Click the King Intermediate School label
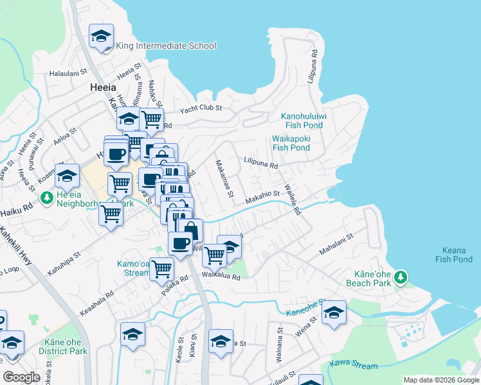tap(166, 46)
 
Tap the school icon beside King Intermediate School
tap(101, 37)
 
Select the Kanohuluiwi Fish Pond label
tap(304, 121)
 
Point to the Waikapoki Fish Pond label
tap(291, 142)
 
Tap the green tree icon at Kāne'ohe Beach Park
tap(401, 277)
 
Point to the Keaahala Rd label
tap(96, 297)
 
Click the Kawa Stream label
tap(354, 366)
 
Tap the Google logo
tap(22, 377)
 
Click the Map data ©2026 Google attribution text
tap(440, 380)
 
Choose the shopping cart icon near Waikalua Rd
tap(214, 255)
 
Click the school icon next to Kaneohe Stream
tap(334, 312)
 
